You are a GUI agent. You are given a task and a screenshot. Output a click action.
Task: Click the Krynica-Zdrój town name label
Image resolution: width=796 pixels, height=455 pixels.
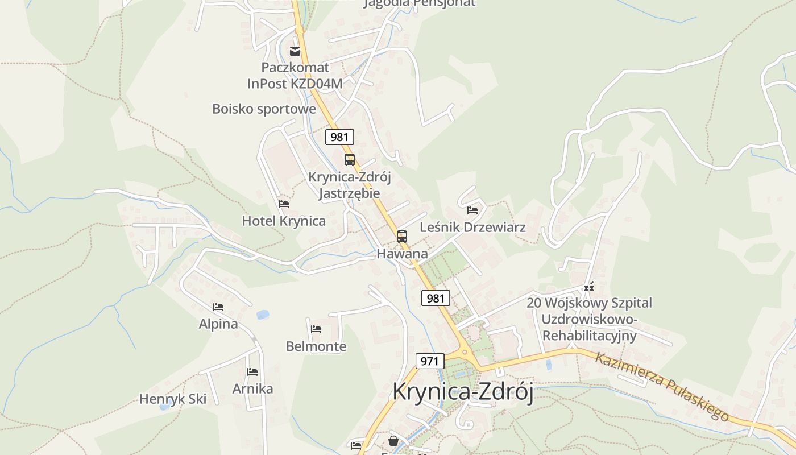[463, 392]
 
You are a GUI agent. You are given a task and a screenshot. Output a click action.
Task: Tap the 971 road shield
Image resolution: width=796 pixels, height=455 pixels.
[430, 361]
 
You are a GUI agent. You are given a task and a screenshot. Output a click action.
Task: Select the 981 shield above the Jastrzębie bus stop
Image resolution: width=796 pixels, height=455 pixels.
[339, 137]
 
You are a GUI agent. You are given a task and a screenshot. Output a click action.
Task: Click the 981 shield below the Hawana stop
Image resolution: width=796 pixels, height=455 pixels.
[436, 298]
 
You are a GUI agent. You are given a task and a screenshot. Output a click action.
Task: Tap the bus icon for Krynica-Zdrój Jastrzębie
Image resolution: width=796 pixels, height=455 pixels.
[349, 160]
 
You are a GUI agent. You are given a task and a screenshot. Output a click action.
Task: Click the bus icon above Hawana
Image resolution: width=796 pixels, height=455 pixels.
[402, 236]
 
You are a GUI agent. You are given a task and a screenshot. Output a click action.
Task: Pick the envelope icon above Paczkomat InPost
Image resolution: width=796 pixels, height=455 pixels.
[295, 51]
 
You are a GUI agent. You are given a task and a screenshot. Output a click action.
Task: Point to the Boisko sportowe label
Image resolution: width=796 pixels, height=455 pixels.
[264, 109]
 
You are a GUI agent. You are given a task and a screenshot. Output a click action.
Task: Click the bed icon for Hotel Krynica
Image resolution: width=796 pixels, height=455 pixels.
[284, 204]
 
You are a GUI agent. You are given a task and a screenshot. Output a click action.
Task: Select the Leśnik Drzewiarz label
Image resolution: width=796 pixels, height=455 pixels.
[472, 227]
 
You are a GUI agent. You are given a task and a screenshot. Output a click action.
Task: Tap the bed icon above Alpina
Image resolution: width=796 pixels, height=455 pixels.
[218, 307]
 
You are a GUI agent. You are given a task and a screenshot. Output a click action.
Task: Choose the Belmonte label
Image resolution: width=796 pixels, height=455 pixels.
[316, 346]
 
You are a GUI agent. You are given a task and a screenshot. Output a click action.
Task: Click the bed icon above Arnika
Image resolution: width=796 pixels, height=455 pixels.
[252, 372]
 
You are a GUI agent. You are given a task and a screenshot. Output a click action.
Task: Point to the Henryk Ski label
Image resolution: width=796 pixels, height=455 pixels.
[173, 399]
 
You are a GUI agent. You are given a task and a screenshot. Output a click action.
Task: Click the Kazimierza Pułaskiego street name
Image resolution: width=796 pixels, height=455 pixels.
[662, 387]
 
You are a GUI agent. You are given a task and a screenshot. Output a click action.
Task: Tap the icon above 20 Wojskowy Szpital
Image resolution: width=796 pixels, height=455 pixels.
[589, 286]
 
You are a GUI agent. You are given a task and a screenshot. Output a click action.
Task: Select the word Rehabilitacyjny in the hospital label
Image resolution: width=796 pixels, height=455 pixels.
[589, 336]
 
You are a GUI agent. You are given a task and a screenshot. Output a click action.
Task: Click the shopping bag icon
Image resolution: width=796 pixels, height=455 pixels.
[393, 441]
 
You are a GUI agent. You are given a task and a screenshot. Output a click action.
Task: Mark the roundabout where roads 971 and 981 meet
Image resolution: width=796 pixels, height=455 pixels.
[465, 353]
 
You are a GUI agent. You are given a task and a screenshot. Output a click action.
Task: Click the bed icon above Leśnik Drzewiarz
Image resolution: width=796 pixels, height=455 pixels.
[472, 210]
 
